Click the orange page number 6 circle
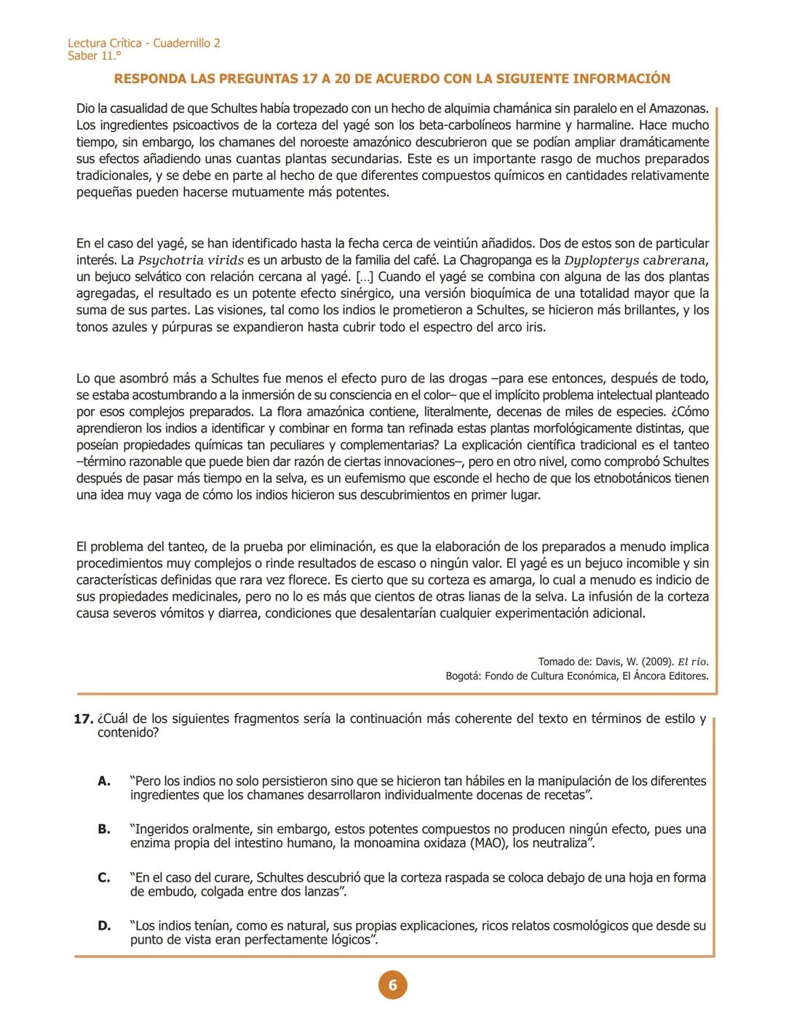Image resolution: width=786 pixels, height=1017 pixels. pyautogui.click(x=392, y=985)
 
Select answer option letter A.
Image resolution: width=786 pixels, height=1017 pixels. pyautogui.click(x=104, y=781)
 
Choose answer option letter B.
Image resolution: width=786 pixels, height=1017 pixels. pyautogui.click(x=104, y=829)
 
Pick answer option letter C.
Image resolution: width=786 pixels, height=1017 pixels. pyautogui.click(x=104, y=878)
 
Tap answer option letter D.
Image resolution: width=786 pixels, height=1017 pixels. pyautogui.click(x=104, y=926)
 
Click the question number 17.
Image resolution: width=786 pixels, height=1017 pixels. pyautogui.click(x=83, y=719)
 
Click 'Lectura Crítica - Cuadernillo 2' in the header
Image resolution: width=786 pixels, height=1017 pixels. pyautogui.click(x=144, y=43)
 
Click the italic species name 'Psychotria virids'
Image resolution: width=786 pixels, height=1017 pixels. pyautogui.click(x=191, y=261)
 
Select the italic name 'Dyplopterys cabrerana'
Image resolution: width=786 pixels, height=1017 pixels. pyautogui.click(x=635, y=261)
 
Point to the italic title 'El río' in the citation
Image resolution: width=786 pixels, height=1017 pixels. pyautogui.click(x=692, y=662)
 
